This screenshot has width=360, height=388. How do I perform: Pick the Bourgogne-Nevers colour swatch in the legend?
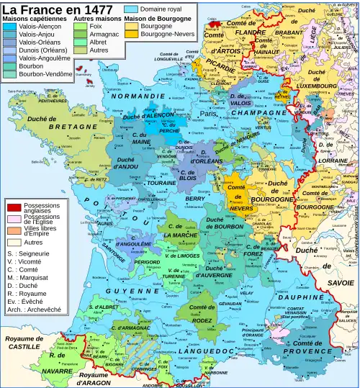pos(131,33)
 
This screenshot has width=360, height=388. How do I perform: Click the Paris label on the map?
pos(209,114)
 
